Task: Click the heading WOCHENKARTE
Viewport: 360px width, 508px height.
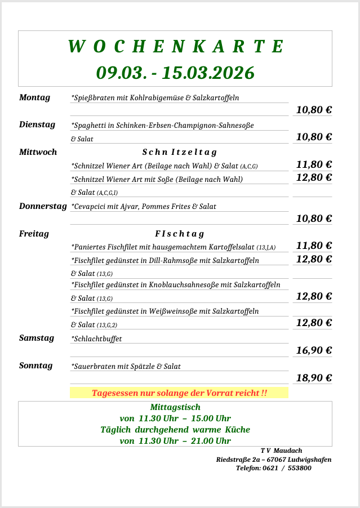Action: coord(175,47)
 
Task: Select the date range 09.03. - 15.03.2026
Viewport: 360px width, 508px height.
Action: coord(175,73)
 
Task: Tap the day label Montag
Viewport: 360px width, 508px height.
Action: coord(34,97)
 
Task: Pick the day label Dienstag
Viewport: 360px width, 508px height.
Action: coord(37,124)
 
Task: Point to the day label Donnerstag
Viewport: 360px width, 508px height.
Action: coord(43,206)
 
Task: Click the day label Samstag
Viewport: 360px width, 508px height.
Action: coord(37,338)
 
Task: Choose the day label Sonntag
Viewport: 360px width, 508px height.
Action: coord(35,366)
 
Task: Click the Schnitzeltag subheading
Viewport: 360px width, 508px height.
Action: coord(179,152)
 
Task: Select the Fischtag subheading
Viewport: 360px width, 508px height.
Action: coord(179,234)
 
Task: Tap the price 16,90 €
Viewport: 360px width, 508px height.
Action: coord(314,350)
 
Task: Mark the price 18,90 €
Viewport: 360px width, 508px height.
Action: coord(314,378)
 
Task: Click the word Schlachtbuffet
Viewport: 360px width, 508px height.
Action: coord(96,339)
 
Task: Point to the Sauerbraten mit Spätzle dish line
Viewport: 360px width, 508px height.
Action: coord(126,367)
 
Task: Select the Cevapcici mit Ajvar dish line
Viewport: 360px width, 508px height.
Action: coord(144,207)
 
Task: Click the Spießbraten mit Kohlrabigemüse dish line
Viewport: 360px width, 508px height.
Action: coord(155,98)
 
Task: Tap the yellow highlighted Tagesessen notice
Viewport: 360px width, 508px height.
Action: coord(179,393)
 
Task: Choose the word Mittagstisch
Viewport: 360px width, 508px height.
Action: coord(175,407)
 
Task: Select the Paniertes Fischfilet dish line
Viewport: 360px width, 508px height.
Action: coord(173,247)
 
